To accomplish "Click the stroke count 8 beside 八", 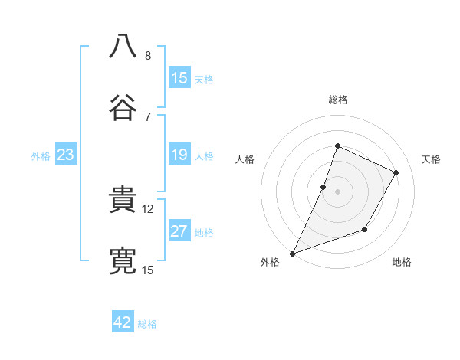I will point(148,55).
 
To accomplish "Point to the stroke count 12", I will point(148,208).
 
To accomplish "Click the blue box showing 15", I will point(179,78).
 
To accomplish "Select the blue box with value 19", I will point(179,155).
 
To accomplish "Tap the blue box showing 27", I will point(179,232).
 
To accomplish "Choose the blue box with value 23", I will point(66,155).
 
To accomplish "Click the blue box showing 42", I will point(123,322).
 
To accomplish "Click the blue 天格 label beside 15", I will point(204,79).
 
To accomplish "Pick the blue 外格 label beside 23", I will point(41,156).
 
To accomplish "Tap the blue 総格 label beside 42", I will point(147,323).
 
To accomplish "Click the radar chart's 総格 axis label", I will point(337,100).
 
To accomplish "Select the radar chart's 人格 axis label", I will point(245,159).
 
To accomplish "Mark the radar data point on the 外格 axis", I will point(292,253).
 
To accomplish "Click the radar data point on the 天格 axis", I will point(396,172).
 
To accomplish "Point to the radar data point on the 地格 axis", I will point(366,229).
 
